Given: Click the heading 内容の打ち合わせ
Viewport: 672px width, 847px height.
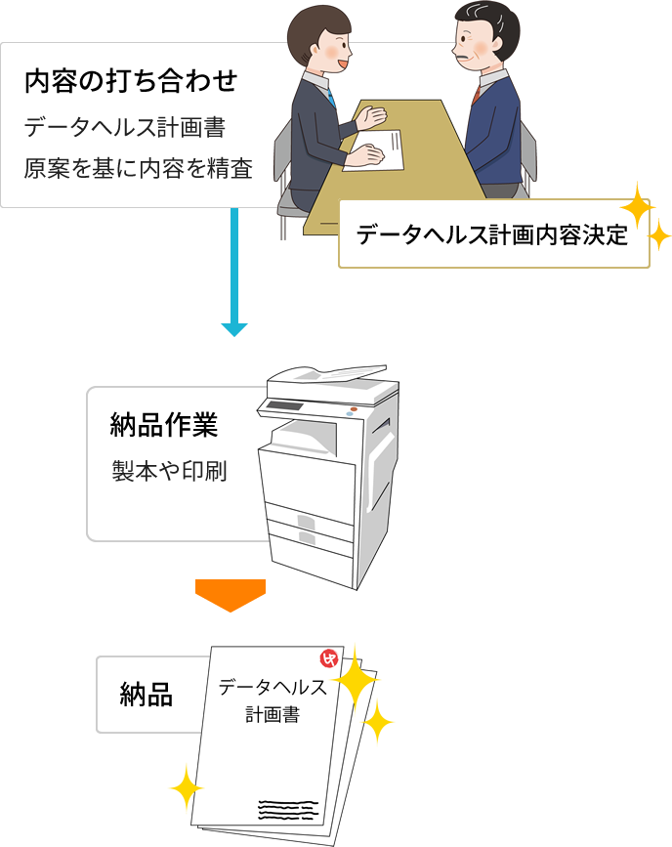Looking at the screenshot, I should click(131, 81).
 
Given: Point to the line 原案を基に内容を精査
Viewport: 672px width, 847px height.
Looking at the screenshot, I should click(139, 169).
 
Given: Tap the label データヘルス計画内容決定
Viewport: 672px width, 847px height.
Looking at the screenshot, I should click(492, 235).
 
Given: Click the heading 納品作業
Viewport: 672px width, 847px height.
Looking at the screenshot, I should click(164, 427).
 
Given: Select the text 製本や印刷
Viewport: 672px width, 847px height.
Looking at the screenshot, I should click(170, 472).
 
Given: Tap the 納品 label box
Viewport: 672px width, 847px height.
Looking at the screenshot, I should click(147, 695).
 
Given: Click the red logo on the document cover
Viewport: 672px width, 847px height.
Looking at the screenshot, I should click(329, 659).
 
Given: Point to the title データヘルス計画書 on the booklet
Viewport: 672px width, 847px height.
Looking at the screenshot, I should click(273, 699).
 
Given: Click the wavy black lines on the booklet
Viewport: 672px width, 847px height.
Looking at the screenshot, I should click(287, 810).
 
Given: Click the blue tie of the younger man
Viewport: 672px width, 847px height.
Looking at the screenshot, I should click(331, 97).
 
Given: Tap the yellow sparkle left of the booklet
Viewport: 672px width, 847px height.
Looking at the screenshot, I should click(184, 787).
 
